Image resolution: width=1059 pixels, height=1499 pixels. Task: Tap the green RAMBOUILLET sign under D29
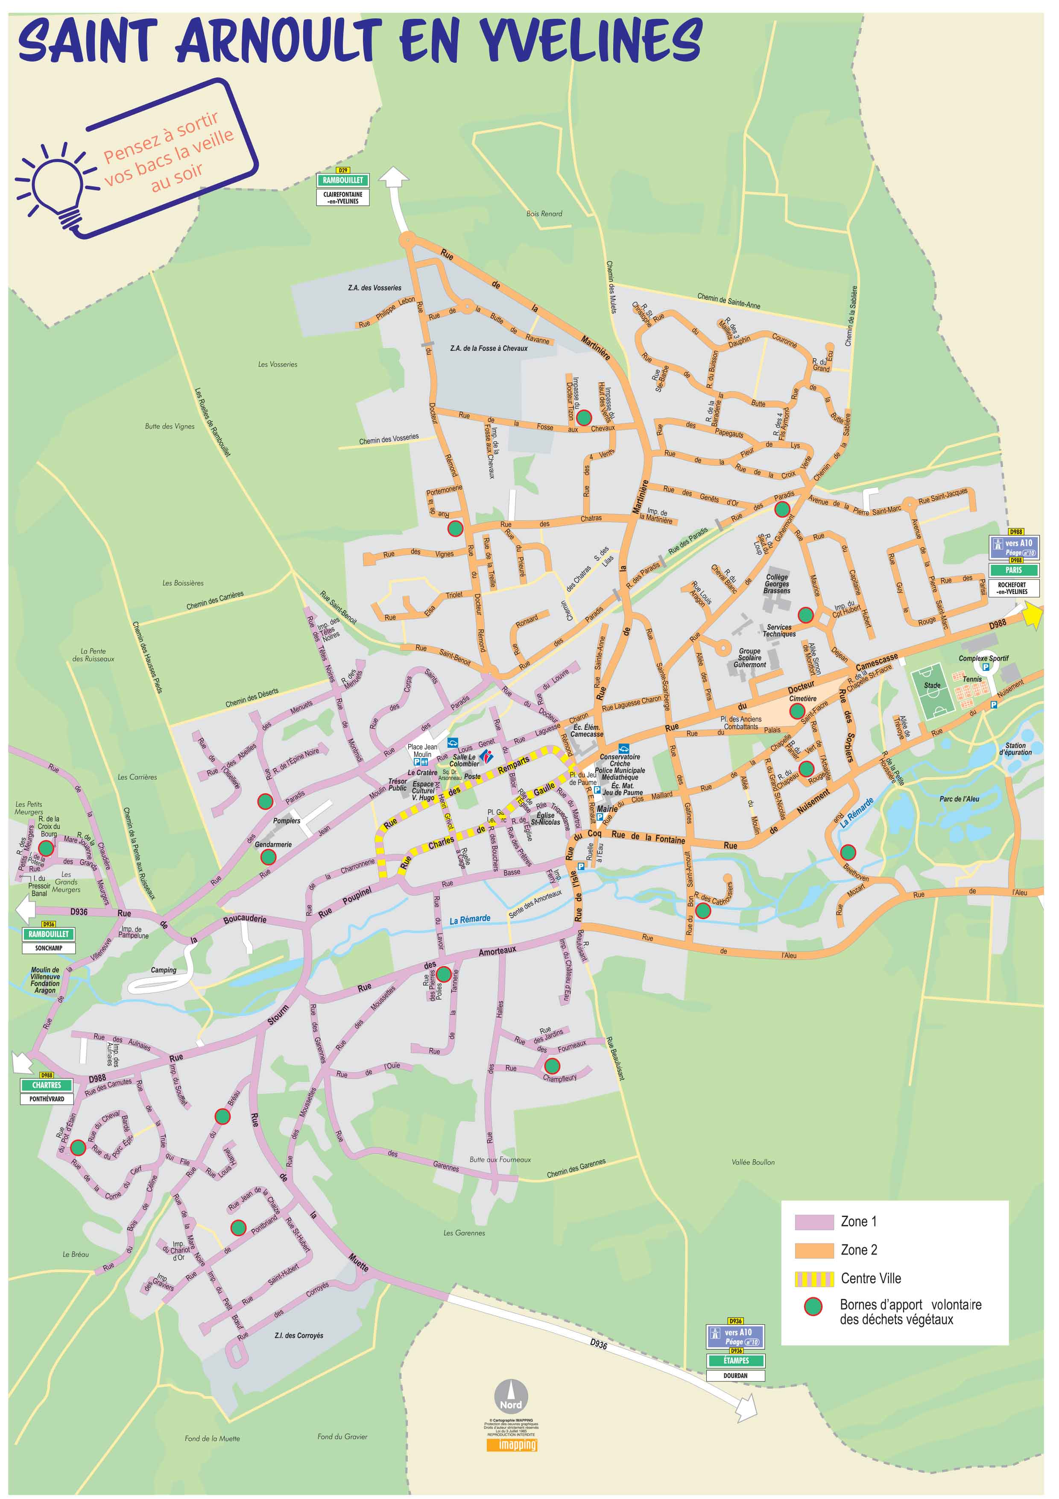click(342, 180)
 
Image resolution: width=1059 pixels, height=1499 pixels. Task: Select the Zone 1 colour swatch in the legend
click(813, 1222)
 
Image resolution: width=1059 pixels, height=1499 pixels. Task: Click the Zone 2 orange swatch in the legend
click(813, 1250)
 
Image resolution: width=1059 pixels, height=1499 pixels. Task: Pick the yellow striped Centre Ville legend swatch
click(813, 1279)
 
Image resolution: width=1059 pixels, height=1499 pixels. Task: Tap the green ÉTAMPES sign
click(735, 1361)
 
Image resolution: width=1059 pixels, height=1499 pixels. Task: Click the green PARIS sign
click(1013, 570)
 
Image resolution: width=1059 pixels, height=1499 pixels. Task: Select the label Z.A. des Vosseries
click(374, 288)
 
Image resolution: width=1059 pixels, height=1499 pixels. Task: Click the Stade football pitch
click(933, 691)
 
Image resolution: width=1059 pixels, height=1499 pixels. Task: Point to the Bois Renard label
click(544, 214)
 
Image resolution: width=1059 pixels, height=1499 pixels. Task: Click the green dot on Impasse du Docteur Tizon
click(584, 417)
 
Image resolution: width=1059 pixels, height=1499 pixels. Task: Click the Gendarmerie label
click(273, 844)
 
